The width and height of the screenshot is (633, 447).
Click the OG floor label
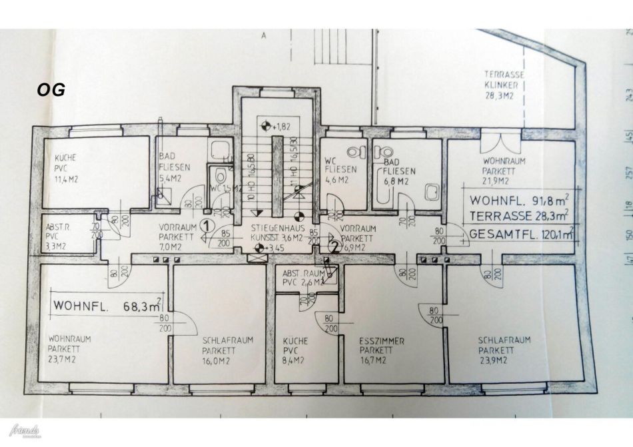coord(51,91)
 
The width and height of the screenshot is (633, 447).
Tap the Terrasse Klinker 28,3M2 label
coord(504,86)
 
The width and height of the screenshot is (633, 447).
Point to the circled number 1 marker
coord(207,226)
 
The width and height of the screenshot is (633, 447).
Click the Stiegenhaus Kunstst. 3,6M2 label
coord(277,232)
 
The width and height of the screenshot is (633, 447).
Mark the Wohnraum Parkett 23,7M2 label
coord(69,348)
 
